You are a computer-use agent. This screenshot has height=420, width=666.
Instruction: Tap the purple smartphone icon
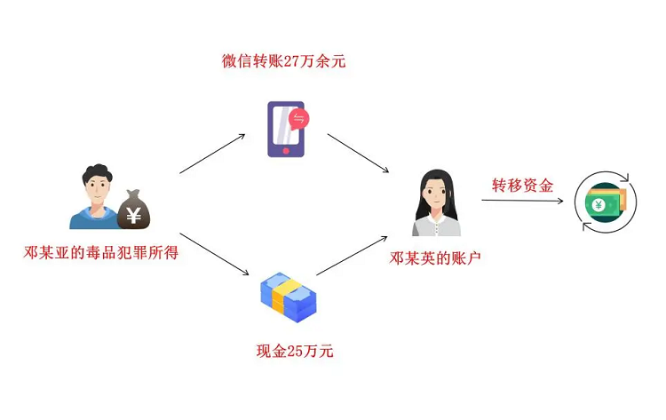[285, 130]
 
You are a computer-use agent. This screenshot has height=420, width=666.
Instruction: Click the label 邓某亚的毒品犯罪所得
[101, 253]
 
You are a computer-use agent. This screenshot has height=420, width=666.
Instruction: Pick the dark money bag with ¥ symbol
[135, 210]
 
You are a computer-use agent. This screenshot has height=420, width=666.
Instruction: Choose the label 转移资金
[523, 186]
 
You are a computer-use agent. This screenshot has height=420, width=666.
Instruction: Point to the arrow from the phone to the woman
[360, 153]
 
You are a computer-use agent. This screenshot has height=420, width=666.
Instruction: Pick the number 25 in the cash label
[295, 352]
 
